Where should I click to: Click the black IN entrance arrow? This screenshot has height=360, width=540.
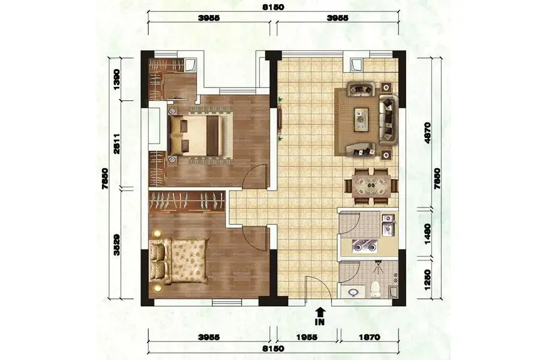click(320, 312)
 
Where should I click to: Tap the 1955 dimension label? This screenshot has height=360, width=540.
click(308, 337)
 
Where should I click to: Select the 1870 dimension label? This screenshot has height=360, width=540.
click(370, 337)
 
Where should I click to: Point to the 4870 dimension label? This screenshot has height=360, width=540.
click(427, 133)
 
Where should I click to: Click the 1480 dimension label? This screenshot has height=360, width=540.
click(427, 234)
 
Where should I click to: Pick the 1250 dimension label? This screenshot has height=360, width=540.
click(427, 280)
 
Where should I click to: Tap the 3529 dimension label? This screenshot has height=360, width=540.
click(117, 245)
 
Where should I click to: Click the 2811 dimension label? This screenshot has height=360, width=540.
click(117, 144)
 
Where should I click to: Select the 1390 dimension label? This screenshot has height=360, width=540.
click(117, 80)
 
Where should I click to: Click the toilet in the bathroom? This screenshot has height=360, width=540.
click(375, 290)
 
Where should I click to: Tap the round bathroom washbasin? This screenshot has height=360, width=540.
click(353, 293)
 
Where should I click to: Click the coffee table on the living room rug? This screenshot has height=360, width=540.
click(361, 119)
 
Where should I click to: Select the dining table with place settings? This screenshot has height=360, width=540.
click(371, 187)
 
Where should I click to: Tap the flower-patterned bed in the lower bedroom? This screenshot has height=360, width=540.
click(179, 261)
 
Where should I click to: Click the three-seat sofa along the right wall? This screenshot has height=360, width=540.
click(389, 119)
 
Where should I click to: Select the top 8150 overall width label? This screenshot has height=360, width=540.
click(274, 8)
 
